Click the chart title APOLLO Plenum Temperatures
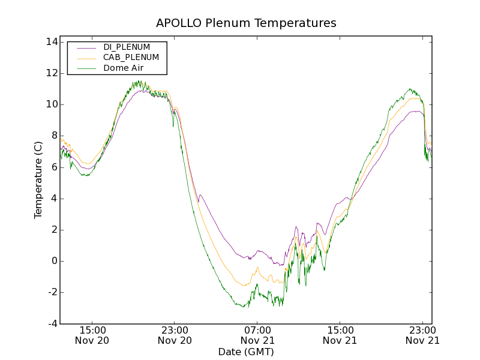(x=246, y=23)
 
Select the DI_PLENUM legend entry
(x=127, y=47)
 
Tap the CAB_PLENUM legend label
(x=131, y=58)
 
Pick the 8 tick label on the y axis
(x=53, y=136)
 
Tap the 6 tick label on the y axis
(x=53, y=167)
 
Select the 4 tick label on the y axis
(x=53, y=199)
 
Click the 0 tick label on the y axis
(x=53, y=261)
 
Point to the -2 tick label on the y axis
(x=52, y=292)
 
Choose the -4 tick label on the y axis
(x=52, y=324)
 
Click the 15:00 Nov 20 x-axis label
(x=92, y=335)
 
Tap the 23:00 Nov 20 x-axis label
(x=175, y=335)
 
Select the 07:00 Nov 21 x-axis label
(x=258, y=335)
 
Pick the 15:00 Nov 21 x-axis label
(x=340, y=335)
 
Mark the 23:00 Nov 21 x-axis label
(x=422, y=335)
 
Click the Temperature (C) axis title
(x=38, y=180)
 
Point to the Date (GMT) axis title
(x=246, y=352)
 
